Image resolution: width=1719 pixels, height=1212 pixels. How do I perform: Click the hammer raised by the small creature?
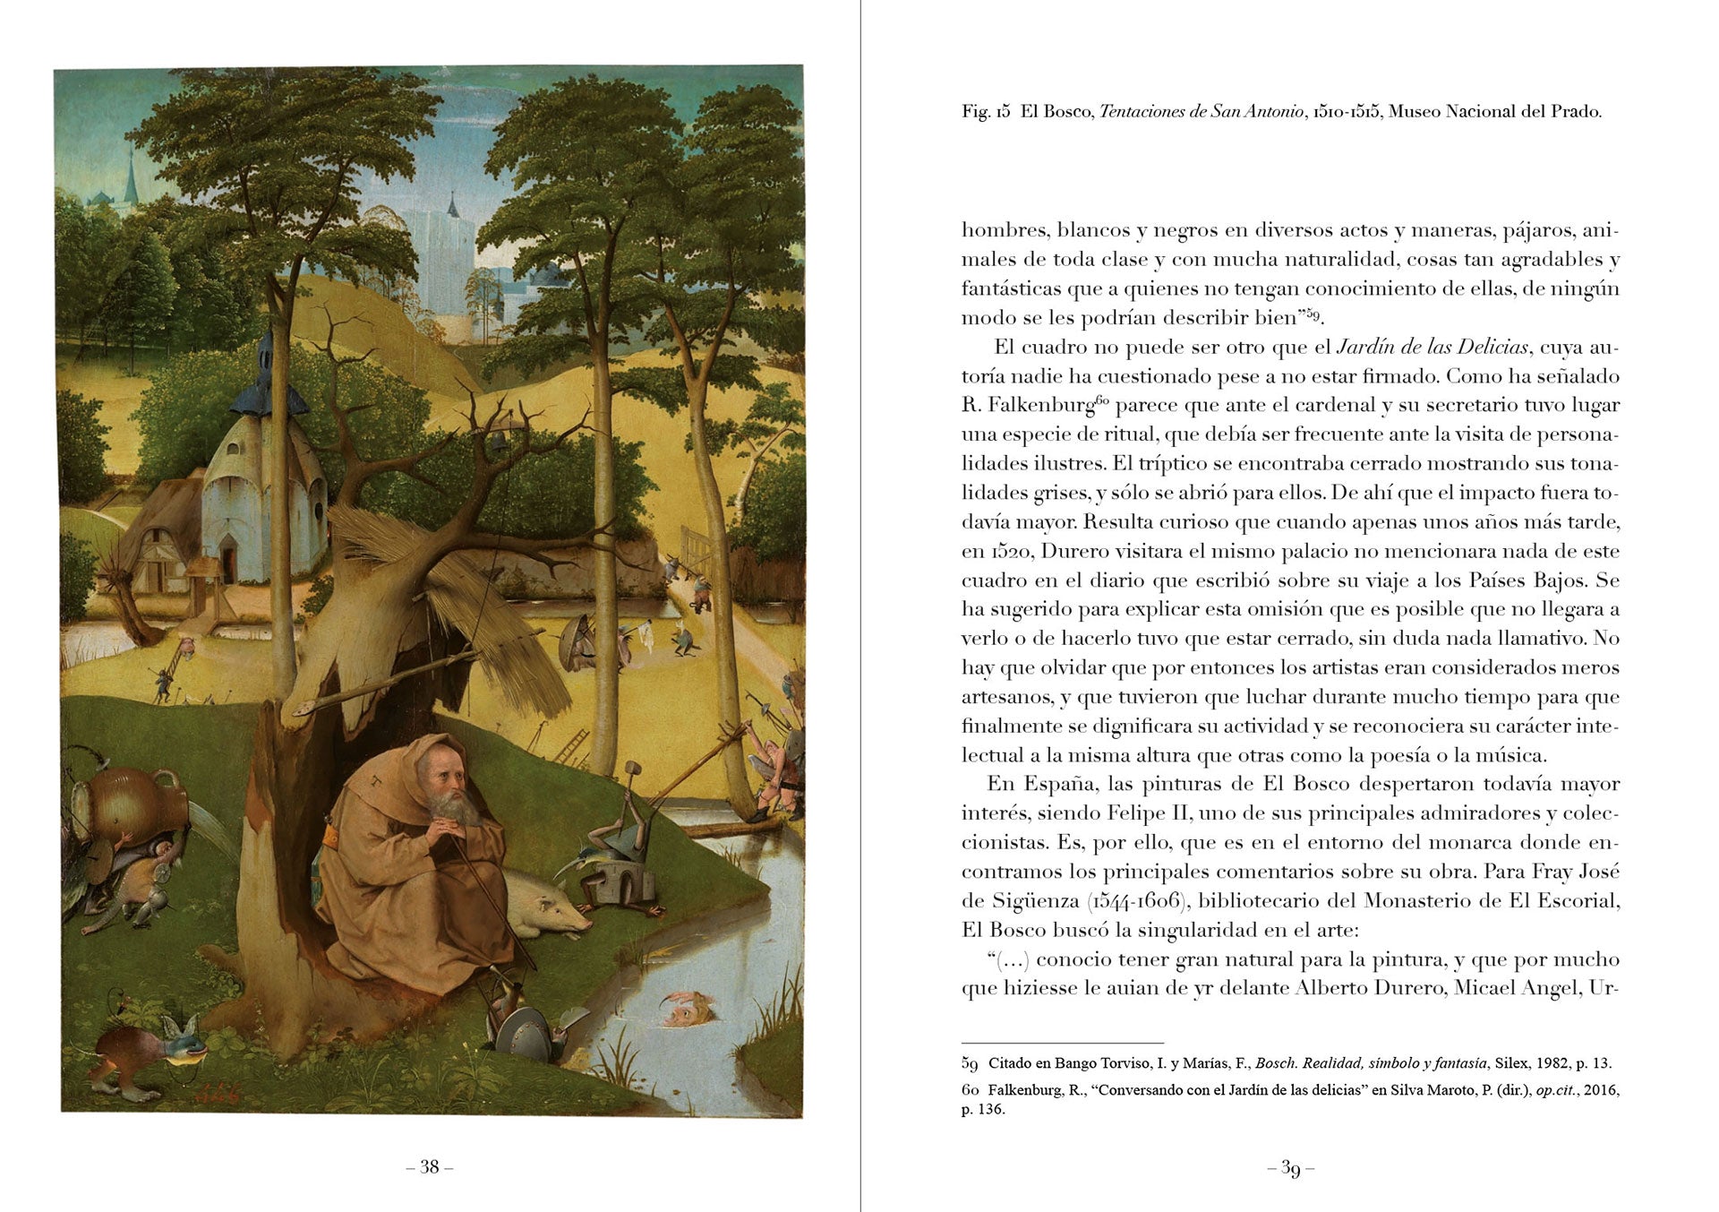pyautogui.click(x=629, y=768)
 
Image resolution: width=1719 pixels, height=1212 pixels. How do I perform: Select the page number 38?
pyautogui.click(x=430, y=1166)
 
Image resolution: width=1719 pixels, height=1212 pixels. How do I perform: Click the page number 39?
pyautogui.click(x=1290, y=1168)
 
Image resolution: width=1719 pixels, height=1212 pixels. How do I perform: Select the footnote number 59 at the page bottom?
pyautogui.click(x=970, y=1064)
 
